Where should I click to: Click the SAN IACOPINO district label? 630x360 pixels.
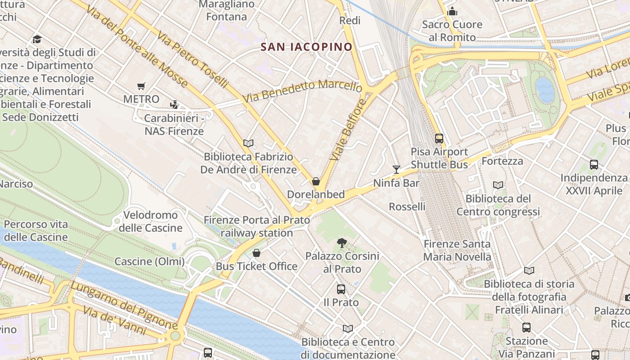pyautogui.click(x=306, y=47)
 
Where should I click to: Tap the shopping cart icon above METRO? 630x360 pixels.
pyautogui.click(x=141, y=86)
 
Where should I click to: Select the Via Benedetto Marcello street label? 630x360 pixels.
pyautogui.click(x=302, y=90)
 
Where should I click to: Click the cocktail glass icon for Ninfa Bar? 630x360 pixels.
pyautogui.click(x=396, y=169)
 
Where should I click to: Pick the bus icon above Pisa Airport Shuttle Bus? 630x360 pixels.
pyautogui.click(x=439, y=139)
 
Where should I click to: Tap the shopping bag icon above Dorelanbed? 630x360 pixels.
pyautogui.click(x=316, y=181)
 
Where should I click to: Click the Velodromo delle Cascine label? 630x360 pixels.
pyautogui.click(x=151, y=221)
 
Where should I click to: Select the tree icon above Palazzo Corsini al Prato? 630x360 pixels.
pyautogui.click(x=342, y=243)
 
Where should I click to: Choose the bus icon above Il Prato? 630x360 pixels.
pyautogui.click(x=341, y=289)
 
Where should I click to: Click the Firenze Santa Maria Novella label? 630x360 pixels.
pyautogui.click(x=457, y=250)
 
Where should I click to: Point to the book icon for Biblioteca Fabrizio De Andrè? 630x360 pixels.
pyautogui.click(x=248, y=143)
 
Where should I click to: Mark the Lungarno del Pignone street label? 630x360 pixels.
pyautogui.click(x=124, y=306)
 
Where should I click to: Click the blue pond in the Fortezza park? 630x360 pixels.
pyautogui.click(x=545, y=90)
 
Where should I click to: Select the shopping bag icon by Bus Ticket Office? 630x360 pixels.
pyautogui.click(x=256, y=253)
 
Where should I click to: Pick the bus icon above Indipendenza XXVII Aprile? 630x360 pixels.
pyautogui.click(x=594, y=165)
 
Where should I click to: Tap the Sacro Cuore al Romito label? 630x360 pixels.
pyautogui.click(x=452, y=31)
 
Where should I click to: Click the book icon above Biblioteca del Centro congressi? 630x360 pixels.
pyautogui.click(x=498, y=185)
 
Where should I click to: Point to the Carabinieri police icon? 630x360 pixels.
pyautogui.click(x=174, y=105)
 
